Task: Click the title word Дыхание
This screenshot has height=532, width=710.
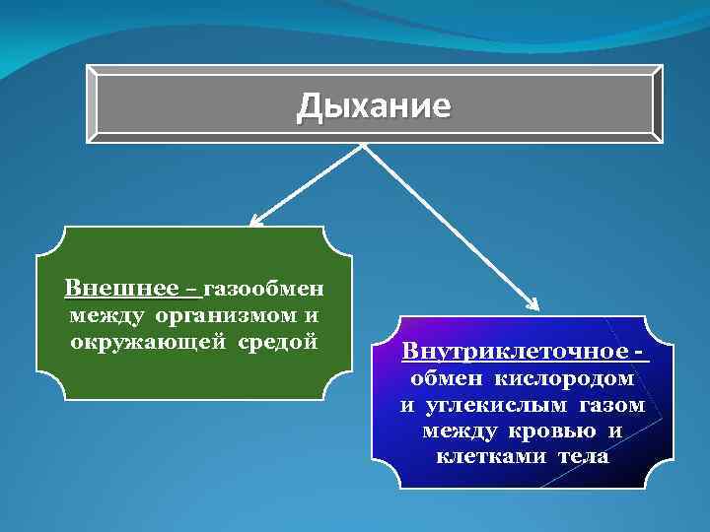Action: pyautogui.click(x=374, y=105)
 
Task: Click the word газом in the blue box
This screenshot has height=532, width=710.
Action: pyautogui.click(x=610, y=405)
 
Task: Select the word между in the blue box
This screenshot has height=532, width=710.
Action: pyautogui.click(x=461, y=432)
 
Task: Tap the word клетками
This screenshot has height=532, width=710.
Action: pyautogui.click(x=491, y=458)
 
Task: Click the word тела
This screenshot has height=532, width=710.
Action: pyautogui.click(x=583, y=458)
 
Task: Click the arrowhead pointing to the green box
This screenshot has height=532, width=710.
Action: pyautogui.click(x=254, y=222)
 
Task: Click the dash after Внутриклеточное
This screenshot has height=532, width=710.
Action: pyautogui.click(x=642, y=352)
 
